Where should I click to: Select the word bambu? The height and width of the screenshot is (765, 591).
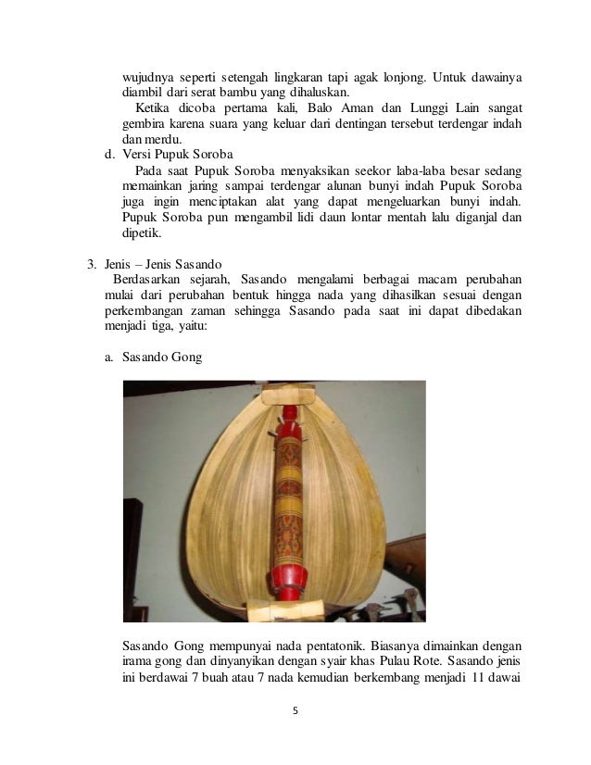(x=259, y=93)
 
